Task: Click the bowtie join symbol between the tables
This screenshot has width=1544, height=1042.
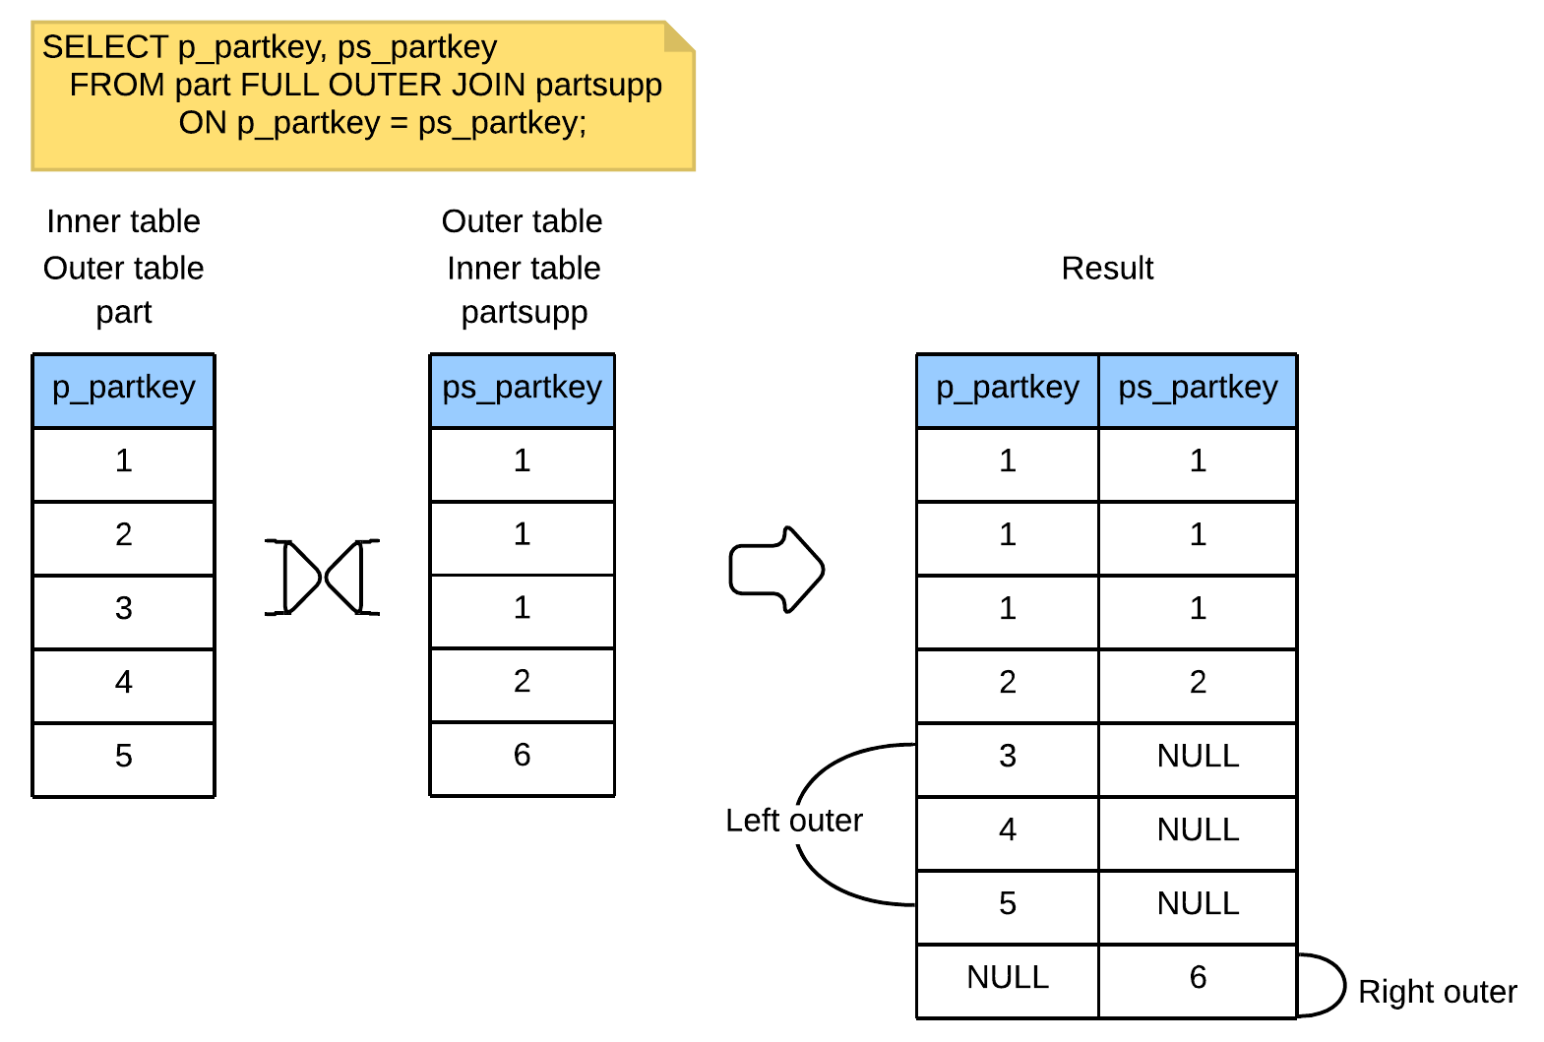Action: pyautogui.click(x=322, y=578)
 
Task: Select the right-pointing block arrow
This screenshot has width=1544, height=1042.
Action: pyautogui.click(x=776, y=570)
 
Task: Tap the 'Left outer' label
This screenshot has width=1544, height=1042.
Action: pyautogui.click(x=794, y=821)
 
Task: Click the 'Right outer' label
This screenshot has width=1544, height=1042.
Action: pyautogui.click(x=1437, y=993)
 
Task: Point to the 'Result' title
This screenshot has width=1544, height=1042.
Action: pyautogui.click(x=1107, y=268)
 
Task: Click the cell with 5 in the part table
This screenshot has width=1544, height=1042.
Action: pyautogui.click(x=123, y=760)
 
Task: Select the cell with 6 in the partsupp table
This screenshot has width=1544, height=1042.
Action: pyautogui.click(x=522, y=759)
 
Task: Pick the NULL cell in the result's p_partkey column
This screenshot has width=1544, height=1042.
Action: pyautogui.click(x=1007, y=981)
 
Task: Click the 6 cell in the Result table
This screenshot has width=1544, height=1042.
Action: pyautogui.click(x=1198, y=981)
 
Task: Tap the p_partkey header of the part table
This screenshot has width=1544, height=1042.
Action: pyautogui.click(x=123, y=391)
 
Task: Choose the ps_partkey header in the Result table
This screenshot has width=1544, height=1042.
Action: pyautogui.click(x=1198, y=391)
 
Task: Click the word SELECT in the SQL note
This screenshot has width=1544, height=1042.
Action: pyautogui.click(x=105, y=47)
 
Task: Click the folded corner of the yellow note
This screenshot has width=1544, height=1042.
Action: pyautogui.click(x=679, y=36)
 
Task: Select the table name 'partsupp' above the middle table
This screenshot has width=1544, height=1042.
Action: pyautogui.click(x=524, y=314)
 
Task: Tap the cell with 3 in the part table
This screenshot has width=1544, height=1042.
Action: pyautogui.click(x=123, y=612)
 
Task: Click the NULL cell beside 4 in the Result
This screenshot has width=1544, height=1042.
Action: pyautogui.click(x=1198, y=833)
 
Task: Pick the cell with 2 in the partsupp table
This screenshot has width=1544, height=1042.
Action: pyautogui.click(x=522, y=685)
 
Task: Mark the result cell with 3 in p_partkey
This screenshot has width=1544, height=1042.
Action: pyautogui.click(x=1007, y=760)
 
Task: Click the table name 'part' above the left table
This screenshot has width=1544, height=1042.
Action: pyautogui.click(x=123, y=314)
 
